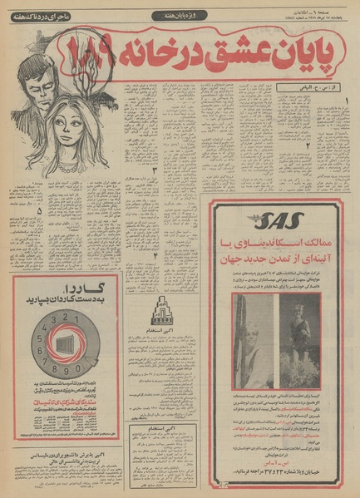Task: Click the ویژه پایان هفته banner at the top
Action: tap(176, 16)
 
